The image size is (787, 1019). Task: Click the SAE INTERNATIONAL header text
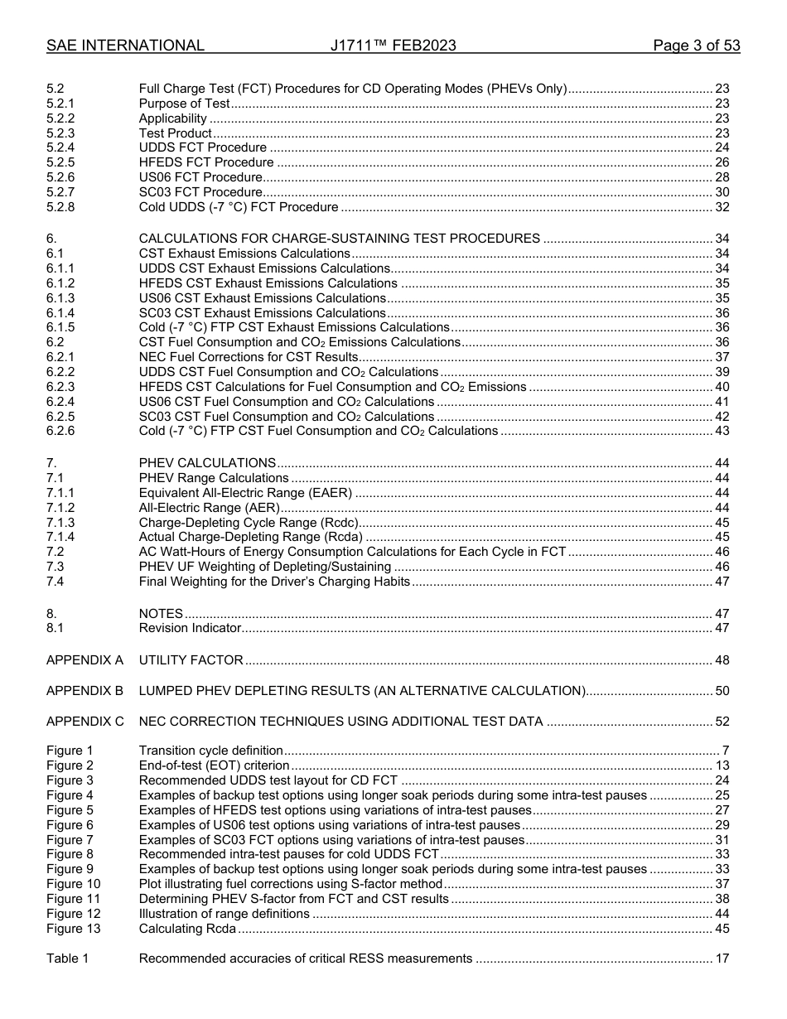click(x=125, y=46)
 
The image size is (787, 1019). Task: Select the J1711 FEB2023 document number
click(x=393, y=46)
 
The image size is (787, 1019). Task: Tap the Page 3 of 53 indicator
click(x=696, y=46)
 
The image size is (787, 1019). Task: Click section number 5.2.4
click(x=60, y=147)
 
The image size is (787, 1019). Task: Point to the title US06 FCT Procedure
click(x=200, y=177)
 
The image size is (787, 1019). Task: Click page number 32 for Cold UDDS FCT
click(x=722, y=207)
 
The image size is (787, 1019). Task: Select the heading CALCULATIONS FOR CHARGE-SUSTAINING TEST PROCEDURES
click(x=339, y=239)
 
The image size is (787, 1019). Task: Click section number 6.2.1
click(x=60, y=357)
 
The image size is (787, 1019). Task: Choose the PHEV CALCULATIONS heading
click(x=207, y=463)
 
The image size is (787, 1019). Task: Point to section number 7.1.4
click(x=60, y=538)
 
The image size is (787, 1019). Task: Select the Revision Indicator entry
click(x=190, y=629)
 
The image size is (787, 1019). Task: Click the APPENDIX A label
click(x=84, y=660)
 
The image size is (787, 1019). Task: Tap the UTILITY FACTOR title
click(x=191, y=660)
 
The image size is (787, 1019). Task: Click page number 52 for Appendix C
click(x=722, y=722)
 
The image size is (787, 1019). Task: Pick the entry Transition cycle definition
click(x=210, y=751)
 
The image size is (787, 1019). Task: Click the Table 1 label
click(x=67, y=959)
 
